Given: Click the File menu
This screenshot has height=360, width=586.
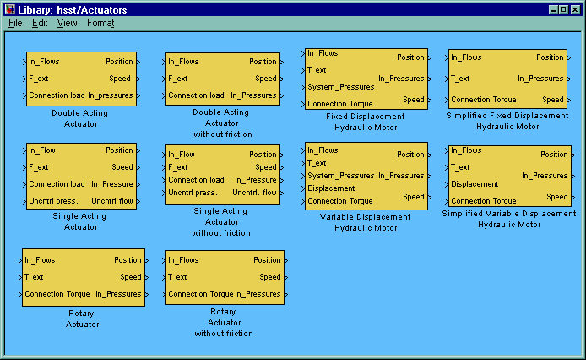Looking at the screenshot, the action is click(x=15, y=23).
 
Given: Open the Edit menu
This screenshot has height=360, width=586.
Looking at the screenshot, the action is click(x=40, y=23).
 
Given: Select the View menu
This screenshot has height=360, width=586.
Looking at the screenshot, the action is click(x=67, y=23).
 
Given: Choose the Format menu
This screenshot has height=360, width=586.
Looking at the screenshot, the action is click(x=100, y=23).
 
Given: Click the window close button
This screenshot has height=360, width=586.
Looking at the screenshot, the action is click(x=575, y=10).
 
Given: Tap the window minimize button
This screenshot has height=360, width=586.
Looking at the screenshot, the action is click(x=553, y=10).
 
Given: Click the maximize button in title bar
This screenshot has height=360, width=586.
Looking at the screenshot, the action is click(x=563, y=10).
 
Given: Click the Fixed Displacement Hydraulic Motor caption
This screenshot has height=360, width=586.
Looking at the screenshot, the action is click(x=366, y=122).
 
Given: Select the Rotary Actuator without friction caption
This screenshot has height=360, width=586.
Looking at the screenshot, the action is click(x=224, y=323).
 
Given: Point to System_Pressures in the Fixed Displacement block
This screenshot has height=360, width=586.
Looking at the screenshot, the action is click(x=341, y=87).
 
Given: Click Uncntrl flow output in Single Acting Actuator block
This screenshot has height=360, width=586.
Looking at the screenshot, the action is click(x=112, y=201).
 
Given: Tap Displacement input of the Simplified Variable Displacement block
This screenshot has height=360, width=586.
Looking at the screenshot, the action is click(x=475, y=184).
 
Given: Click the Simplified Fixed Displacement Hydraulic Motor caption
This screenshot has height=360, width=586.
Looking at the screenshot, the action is click(x=507, y=121).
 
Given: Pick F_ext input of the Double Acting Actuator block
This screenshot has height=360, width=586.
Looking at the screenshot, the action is click(x=39, y=79).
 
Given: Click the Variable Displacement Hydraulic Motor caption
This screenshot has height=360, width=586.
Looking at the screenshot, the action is click(x=366, y=222).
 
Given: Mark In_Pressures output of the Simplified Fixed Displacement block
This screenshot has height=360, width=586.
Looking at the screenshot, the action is click(x=540, y=79).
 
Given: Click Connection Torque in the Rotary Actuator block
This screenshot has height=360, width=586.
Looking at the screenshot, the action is click(x=57, y=294).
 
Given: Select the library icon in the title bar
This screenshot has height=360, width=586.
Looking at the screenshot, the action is click(x=10, y=9).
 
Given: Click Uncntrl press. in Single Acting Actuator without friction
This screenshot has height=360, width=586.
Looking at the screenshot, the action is click(x=193, y=193).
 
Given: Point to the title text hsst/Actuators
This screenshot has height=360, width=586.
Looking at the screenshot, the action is click(x=92, y=10).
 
